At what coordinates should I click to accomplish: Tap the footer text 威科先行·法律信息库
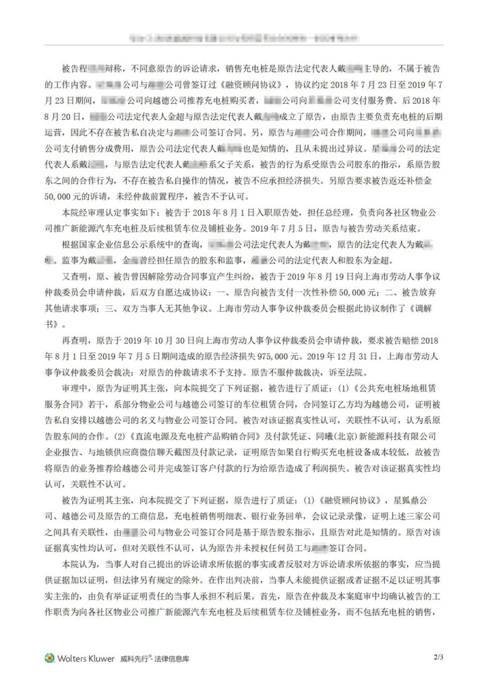click(155, 658)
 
